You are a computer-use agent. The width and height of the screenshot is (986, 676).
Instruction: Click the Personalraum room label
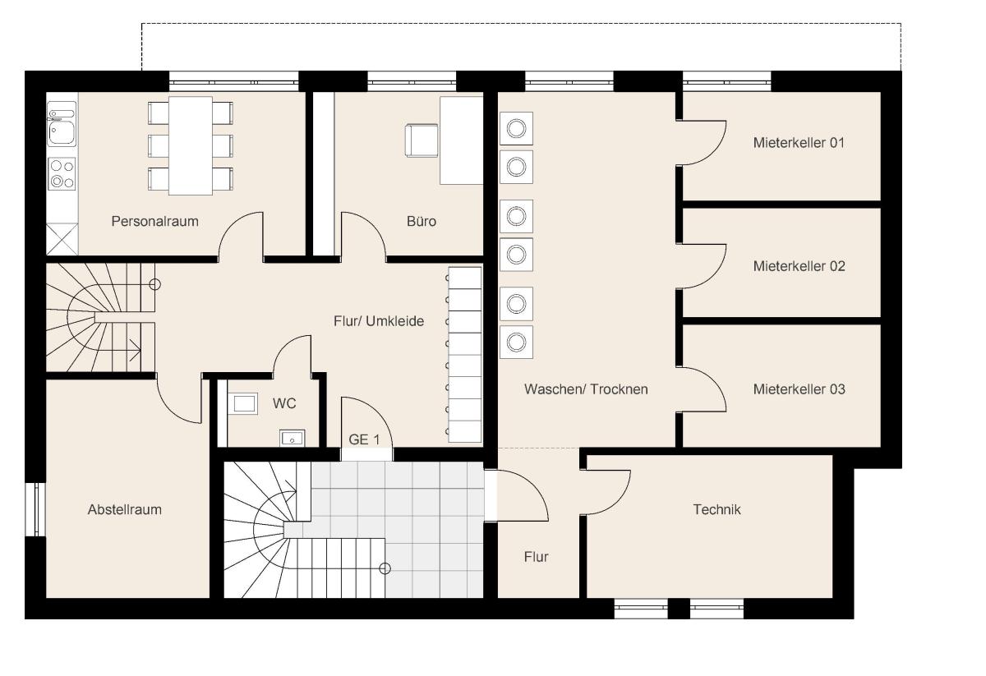tap(154, 221)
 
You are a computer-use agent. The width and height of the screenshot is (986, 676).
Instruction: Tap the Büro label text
tap(422, 221)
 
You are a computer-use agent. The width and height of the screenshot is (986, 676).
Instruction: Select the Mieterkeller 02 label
tap(799, 266)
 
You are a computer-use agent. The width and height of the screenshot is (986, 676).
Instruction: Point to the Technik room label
tap(716, 509)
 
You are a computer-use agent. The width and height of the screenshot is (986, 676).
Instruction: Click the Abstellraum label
tap(125, 509)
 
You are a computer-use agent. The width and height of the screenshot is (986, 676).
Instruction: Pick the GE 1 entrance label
tap(364, 439)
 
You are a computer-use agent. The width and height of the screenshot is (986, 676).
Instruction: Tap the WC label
tap(284, 403)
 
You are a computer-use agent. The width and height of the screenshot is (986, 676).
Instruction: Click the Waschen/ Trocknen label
tap(586, 389)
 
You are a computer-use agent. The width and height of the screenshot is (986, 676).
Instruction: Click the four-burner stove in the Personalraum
tap(62, 174)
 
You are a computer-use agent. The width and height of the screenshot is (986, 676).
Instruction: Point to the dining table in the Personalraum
tap(191, 145)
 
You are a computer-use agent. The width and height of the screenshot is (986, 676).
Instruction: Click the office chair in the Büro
tap(422, 140)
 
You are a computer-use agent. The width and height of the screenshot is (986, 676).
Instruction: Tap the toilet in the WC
tap(243, 403)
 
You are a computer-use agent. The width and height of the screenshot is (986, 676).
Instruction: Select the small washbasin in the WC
tap(293, 439)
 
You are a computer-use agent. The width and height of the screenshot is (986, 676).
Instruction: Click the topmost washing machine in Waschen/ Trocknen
tap(516, 128)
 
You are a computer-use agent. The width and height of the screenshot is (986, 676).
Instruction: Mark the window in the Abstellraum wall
tap(35, 509)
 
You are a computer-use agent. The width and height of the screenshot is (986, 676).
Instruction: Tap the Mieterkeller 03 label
tap(799, 389)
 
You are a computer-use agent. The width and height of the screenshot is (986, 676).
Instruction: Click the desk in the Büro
tap(461, 140)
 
